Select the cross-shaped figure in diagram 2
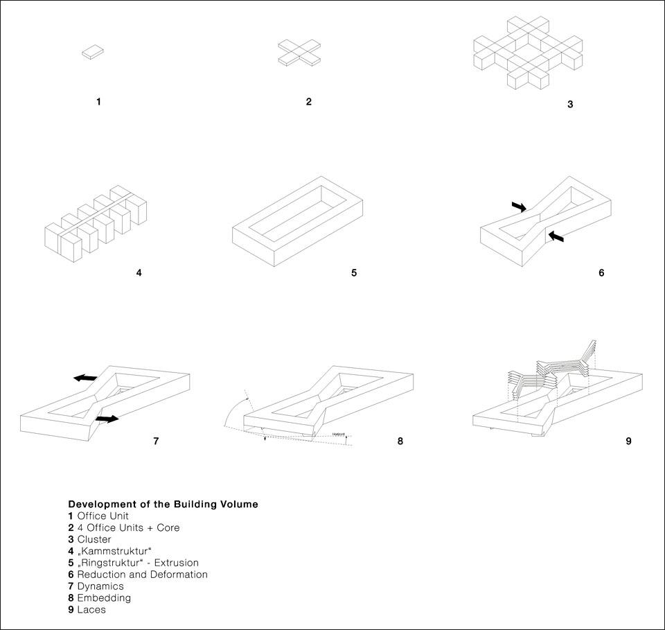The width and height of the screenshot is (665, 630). tap(299, 52)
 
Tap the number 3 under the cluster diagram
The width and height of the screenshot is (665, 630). tap(570, 105)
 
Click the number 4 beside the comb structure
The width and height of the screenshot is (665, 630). tap(139, 272)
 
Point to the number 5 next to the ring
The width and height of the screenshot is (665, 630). tap(354, 272)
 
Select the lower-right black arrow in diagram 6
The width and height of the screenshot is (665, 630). tap(556, 238)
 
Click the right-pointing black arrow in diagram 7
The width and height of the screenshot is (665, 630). tap(107, 419)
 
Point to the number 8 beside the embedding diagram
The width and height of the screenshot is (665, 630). tap(400, 440)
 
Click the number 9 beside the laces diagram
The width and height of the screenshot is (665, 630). tap(628, 440)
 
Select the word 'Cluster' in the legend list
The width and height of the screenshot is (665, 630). tap(94, 539)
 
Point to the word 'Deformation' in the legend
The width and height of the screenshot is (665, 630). tap(179, 575)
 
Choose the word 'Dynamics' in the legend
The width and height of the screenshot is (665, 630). tap(100, 586)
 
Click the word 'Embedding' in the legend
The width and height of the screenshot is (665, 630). tap(104, 598)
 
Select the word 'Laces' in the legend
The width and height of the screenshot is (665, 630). tap(91, 610)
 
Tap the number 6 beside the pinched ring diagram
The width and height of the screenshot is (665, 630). tap(601, 272)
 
